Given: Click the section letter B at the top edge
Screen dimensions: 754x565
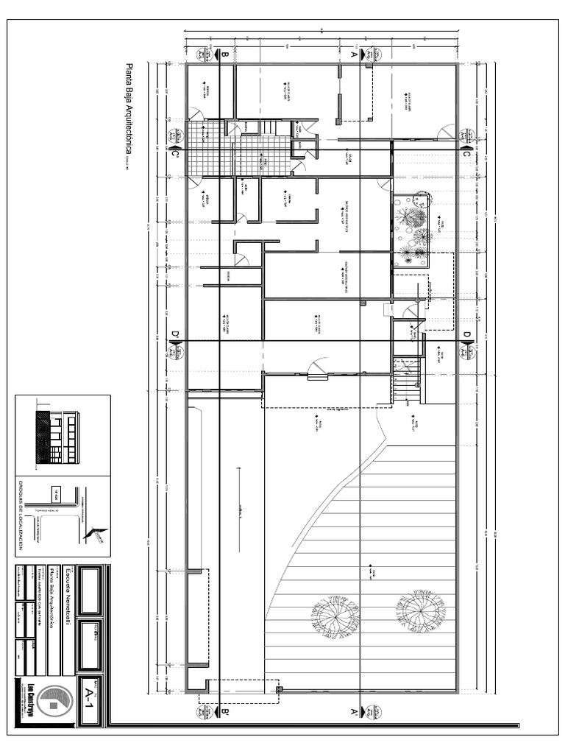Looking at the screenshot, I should tap(224, 54).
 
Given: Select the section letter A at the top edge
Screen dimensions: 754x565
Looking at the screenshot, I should tap(353, 54).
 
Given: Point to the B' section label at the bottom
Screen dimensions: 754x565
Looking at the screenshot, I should tap(224, 712).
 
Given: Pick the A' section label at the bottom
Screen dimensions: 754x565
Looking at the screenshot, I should tap(353, 712).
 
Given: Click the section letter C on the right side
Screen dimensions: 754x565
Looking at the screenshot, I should tap(466, 152).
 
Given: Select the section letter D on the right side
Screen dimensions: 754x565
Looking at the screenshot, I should tap(466, 336).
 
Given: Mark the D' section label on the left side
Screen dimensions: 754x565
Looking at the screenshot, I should tap(175, 337).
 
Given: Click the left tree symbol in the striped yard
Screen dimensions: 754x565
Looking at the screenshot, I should tap(335, 616).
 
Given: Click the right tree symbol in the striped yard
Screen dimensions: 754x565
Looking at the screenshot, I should tap(420, 610).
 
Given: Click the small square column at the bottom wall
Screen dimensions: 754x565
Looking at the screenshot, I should tap(279, 689).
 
